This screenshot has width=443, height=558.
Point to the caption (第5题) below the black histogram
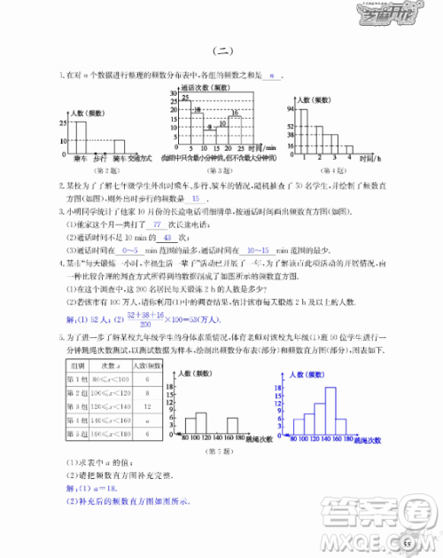tap(226, 452)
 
